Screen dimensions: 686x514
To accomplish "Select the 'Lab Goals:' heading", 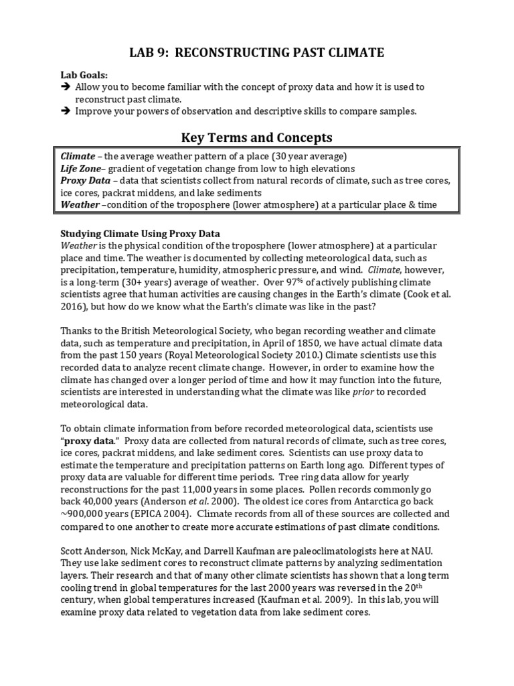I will click(x=84, y=75).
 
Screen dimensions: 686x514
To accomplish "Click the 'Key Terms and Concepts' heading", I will click(x=257, y=138).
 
